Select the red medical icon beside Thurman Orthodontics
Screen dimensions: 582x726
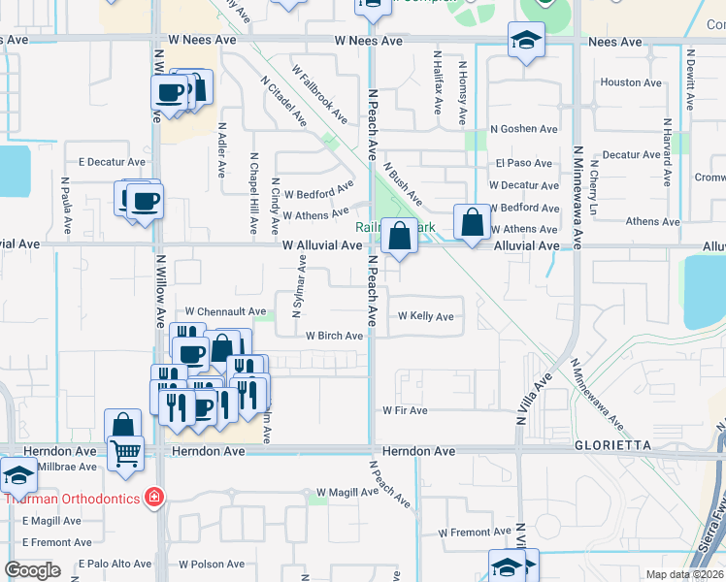(x=153, y=498)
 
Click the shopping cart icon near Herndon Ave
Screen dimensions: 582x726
(x=126, y=452)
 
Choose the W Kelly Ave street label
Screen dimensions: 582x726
(x=425, y=316)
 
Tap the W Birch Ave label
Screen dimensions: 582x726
(x=334, y=336)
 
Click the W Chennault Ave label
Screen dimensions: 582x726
(x=225, y=311)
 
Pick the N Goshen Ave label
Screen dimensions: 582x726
(x=524, y=129)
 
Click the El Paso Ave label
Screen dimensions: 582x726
(x=524, y=164)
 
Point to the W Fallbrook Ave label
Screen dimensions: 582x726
(x=320, y=94)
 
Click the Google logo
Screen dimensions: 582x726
(x=32, y=570)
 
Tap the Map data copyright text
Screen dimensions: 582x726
(x=683, y=574)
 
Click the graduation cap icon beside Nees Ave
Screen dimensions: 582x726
(x=526, y=40)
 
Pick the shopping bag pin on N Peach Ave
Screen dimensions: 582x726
(x=399, y=235)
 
